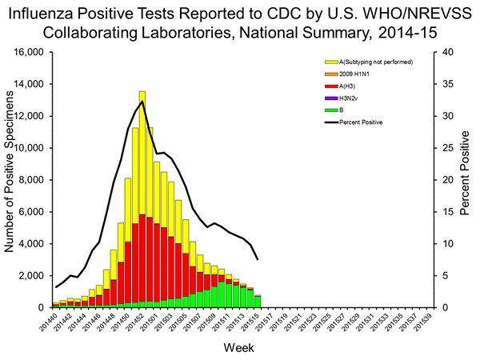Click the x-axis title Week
[242, 350]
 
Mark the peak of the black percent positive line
[142, 102]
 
